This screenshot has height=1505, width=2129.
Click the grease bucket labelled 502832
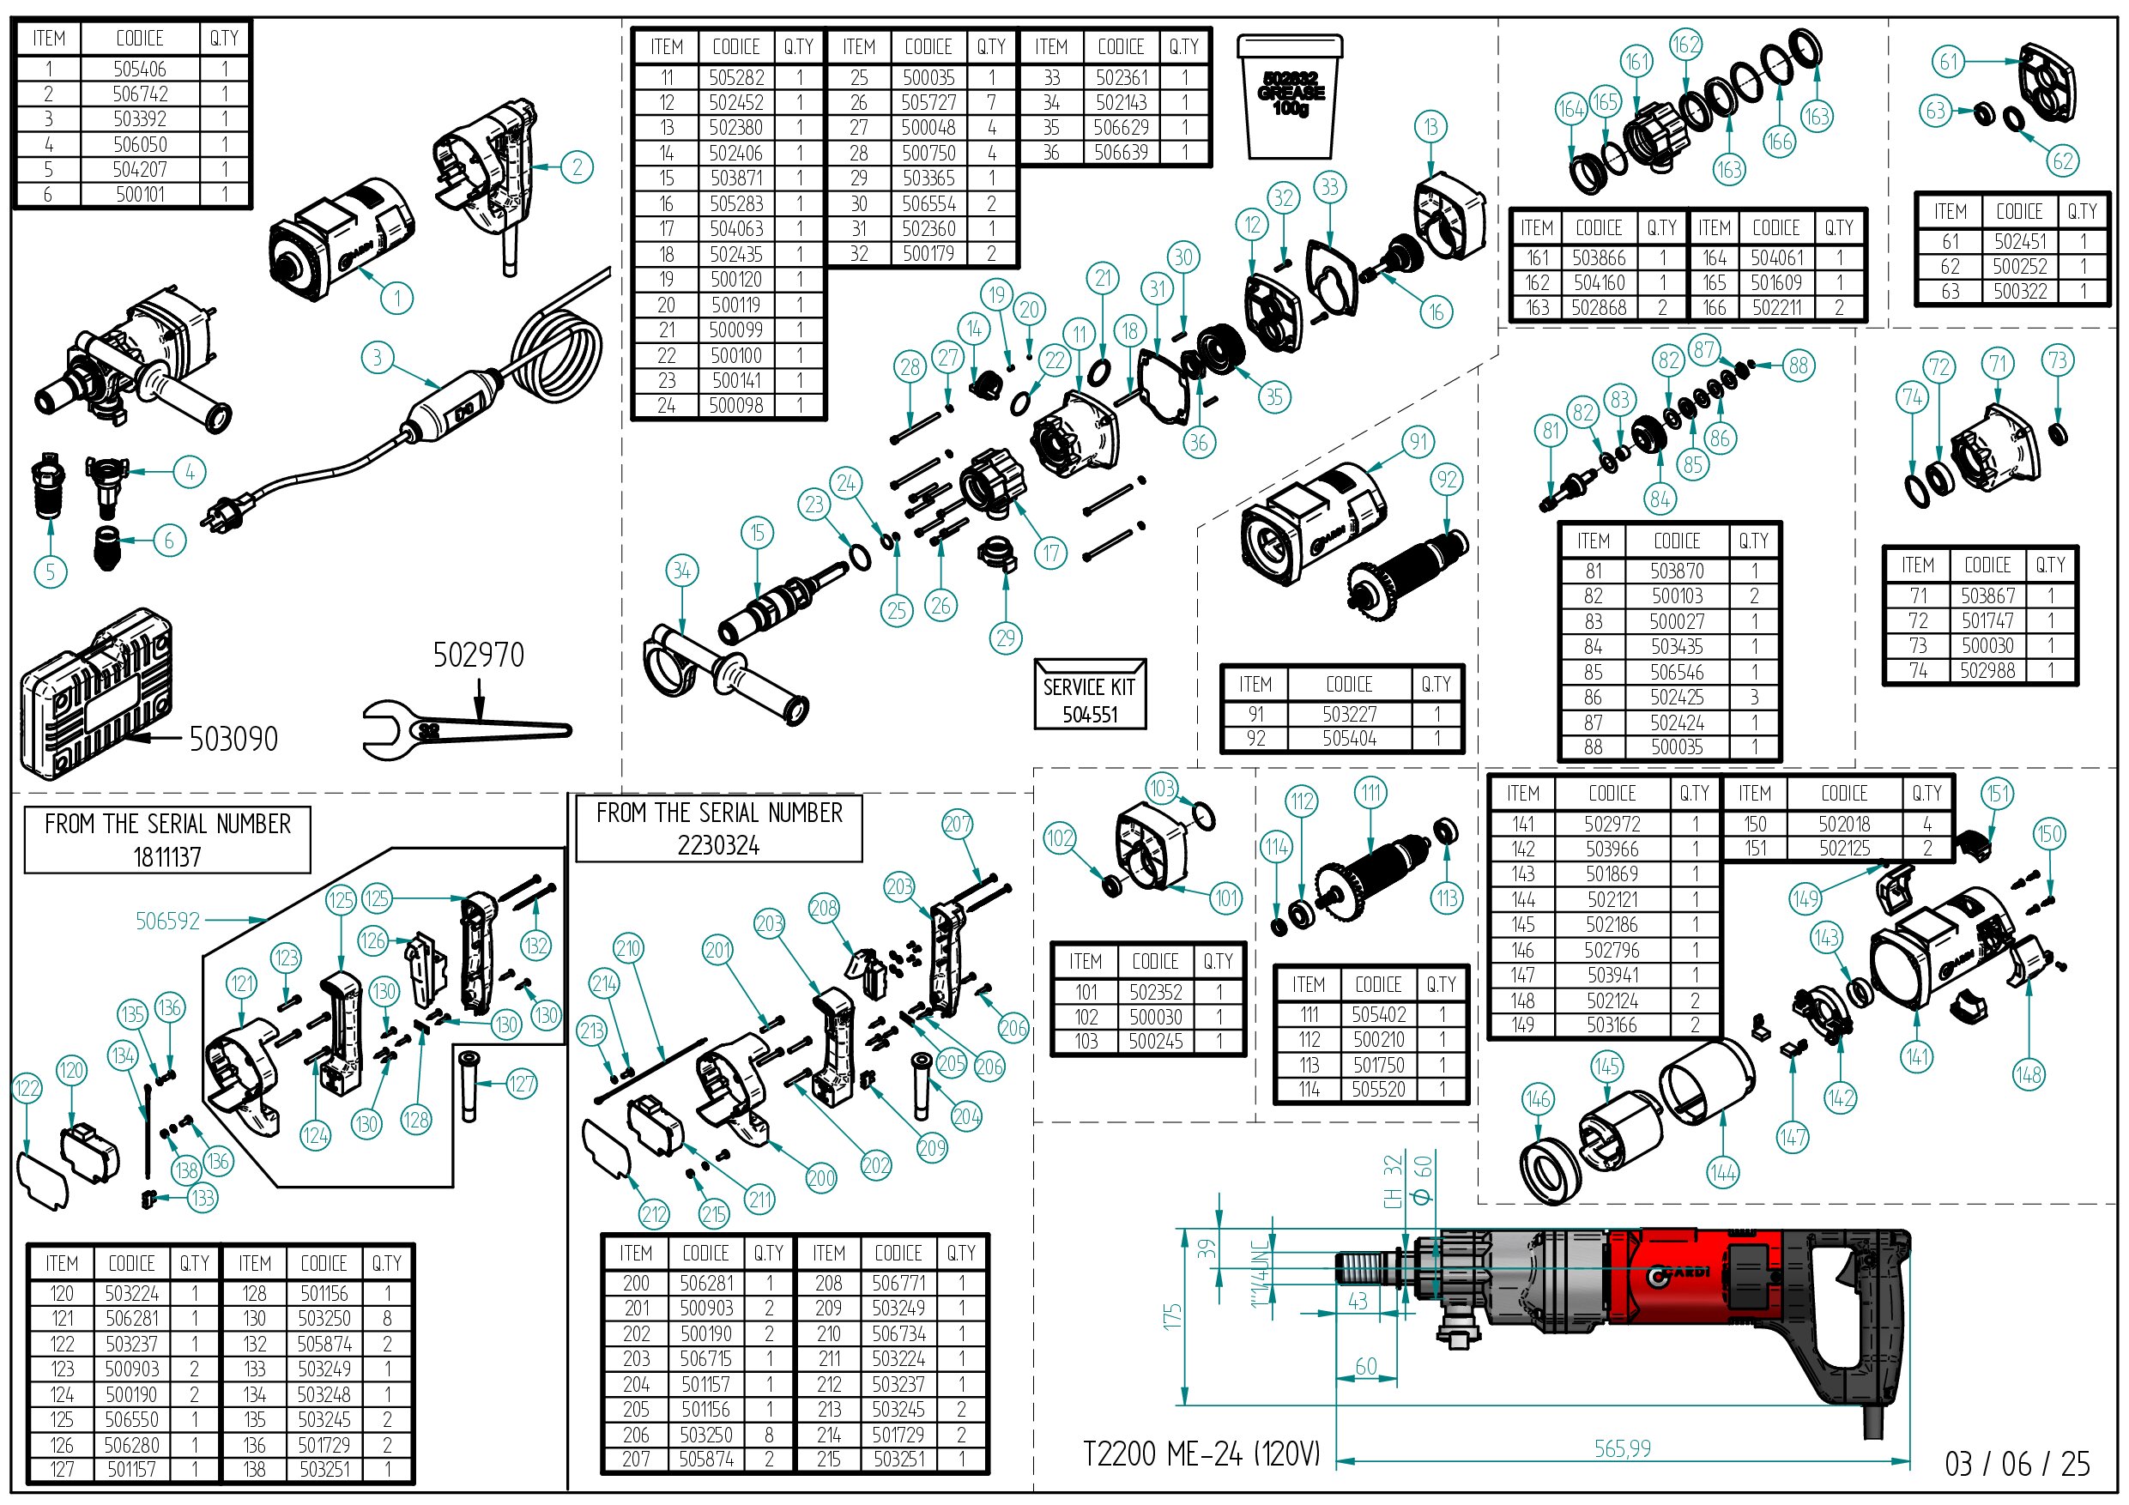tap(1289, 97)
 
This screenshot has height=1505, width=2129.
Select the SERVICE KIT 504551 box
tap(1090, 694)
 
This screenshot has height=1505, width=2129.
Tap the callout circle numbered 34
tap(681, 571)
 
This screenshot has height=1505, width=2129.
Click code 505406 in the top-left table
tap(139, 69)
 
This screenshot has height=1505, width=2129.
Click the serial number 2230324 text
tap(717, 845)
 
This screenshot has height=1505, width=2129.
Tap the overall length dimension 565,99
tap(1622, 1448)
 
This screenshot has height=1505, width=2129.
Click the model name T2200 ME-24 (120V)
tap(1201, 1453)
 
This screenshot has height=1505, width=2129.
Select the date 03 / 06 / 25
tap(2017, 1464)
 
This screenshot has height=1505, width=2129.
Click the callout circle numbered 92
tap(1447, 480)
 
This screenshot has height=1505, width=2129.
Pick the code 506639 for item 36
tap(1120, 152)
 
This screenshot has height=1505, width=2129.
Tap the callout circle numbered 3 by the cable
tap(377, 357)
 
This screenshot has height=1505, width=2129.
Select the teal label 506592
tap(167, 921)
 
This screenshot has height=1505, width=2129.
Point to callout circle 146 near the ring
tap(1537, 1100)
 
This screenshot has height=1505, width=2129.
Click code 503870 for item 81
tap(1676, 571)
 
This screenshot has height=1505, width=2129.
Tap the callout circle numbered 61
tap(1948, 62)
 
